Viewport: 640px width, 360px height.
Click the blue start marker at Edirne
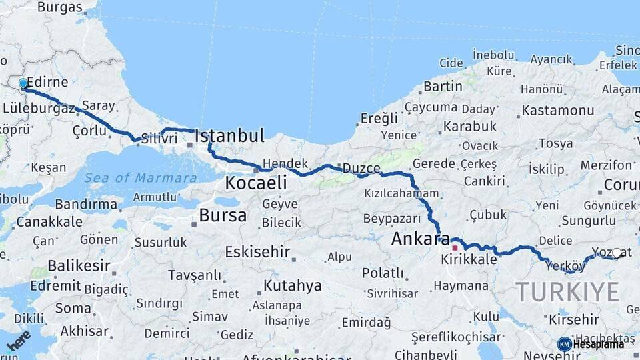(x=23, y=84)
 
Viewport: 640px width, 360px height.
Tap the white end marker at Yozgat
(x=617, y=253)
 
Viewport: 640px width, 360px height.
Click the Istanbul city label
(x=229, y=137)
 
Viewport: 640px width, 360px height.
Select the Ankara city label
(x=421, y=239)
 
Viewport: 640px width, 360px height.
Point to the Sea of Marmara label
(x=141, y=178)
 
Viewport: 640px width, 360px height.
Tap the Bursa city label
(x=223, y=215)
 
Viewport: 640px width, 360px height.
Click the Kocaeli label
(x=256, y=183)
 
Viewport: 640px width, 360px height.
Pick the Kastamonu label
(x=558, y=111)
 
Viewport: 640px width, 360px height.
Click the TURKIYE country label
(x=567, y=292)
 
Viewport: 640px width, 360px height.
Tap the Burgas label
(x=60, y=8)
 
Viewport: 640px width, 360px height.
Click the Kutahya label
(x=293, y=286)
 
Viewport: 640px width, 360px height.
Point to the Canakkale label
(x=50, y=221)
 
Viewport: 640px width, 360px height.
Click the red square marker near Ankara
(x=455, y=248)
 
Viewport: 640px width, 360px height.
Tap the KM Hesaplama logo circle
(x=565, y=344)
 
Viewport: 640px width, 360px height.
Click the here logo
(x=19, y=340)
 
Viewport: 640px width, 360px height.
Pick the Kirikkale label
(x=469, y=259)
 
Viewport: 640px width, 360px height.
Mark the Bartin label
(x=443, y=87)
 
